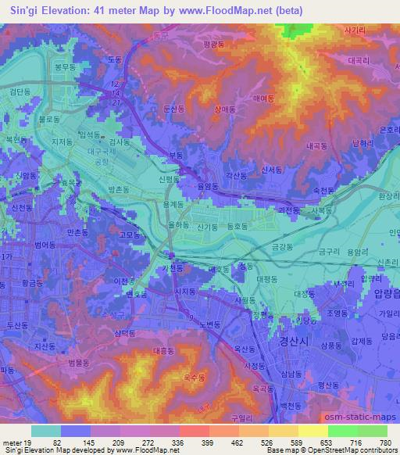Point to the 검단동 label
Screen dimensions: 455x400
click(x=21, y=91)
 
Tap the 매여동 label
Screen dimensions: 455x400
click(x=262, y=99)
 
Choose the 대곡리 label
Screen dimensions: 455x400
click(x=359, y=59)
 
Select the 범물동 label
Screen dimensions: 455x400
click(x=80, y=364)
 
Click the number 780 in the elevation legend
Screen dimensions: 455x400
click(x=385, y=442)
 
